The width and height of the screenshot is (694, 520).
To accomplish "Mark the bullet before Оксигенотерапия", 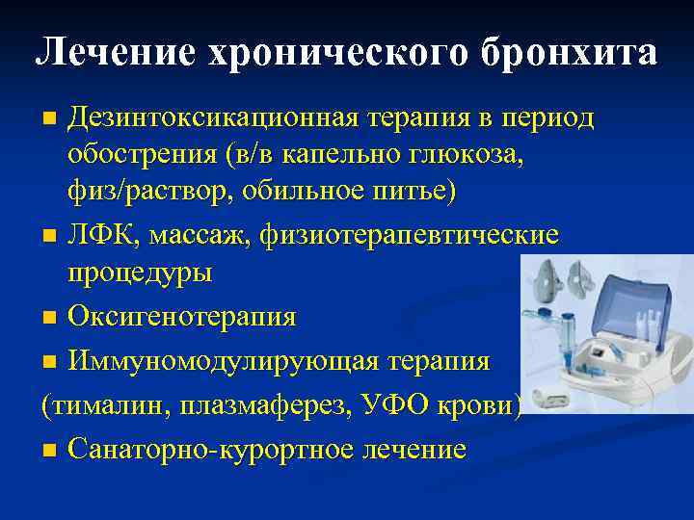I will [x=49, y=317].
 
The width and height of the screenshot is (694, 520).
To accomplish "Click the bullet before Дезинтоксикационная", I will [x=49, y=119].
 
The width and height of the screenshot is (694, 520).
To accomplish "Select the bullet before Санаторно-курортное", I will [x=49, y=450].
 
